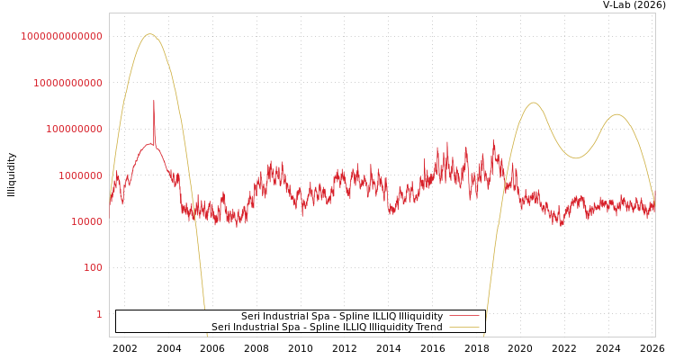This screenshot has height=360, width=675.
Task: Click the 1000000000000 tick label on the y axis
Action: pos(61,36)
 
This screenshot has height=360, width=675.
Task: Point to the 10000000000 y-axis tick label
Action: pos(67,83)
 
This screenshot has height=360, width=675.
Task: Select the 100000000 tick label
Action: pos(74,129)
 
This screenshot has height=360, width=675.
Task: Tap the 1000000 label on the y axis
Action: pos(80,175)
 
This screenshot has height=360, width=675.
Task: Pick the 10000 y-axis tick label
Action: pos(86,221)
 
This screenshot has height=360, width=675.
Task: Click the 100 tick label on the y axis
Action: pos(93,267)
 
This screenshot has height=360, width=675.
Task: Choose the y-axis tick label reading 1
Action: pos(99,314)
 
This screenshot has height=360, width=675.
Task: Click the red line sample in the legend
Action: pos(463,316)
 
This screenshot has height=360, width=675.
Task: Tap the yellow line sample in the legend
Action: pos(463,327)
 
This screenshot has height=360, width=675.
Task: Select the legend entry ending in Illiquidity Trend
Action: pos(327,327)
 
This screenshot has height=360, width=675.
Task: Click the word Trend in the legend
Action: pos(427,327)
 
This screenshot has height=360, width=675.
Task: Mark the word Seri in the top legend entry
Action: pos(251,316)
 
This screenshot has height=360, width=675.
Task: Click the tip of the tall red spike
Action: pos(153,101)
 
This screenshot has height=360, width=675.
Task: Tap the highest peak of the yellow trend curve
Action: pos(149,34)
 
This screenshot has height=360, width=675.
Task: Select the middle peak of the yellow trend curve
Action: pos(534,103)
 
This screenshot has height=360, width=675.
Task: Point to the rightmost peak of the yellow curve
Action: pos(616,114)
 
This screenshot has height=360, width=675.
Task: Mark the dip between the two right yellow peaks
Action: pos(576,158)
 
